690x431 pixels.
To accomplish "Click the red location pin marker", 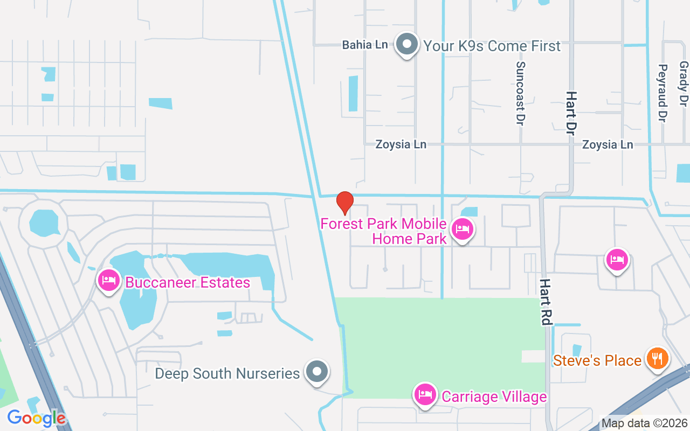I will point(345,203).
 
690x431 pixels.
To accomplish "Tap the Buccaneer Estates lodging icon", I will point(109,281).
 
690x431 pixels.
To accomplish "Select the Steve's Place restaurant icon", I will point(657,358).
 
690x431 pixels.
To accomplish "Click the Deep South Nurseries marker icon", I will point(316,372).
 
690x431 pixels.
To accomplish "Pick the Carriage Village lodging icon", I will point(425,394).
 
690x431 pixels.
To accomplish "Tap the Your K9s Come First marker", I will point(407,44).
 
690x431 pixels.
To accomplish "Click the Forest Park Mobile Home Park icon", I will point(462,230).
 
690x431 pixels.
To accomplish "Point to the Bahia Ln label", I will point(365,45).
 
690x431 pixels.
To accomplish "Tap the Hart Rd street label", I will point(546,302).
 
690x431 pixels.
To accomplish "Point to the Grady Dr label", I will point(684,83).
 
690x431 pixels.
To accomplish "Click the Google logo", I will point(36,418).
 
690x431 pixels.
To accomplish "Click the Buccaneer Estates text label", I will point(188,282).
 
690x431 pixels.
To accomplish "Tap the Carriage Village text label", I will point(494,397).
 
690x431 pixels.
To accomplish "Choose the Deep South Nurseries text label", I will point(227,373).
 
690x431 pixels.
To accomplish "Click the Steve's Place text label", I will point(597,360).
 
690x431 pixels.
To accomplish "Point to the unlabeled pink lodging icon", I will point(617,260).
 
